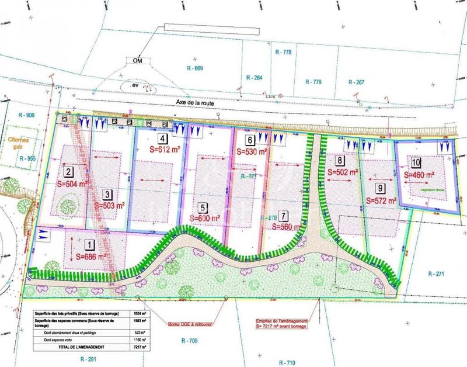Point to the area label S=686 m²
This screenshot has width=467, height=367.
tap(92, 257)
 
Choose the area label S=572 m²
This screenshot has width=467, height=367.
tap(381, 201)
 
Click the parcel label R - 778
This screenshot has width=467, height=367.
tap(283, 52)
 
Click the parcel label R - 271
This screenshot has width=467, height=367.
tap(437, 273)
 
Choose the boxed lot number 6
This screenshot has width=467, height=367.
tap(249, 140)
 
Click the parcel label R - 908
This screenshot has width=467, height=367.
tap(27, 115)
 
